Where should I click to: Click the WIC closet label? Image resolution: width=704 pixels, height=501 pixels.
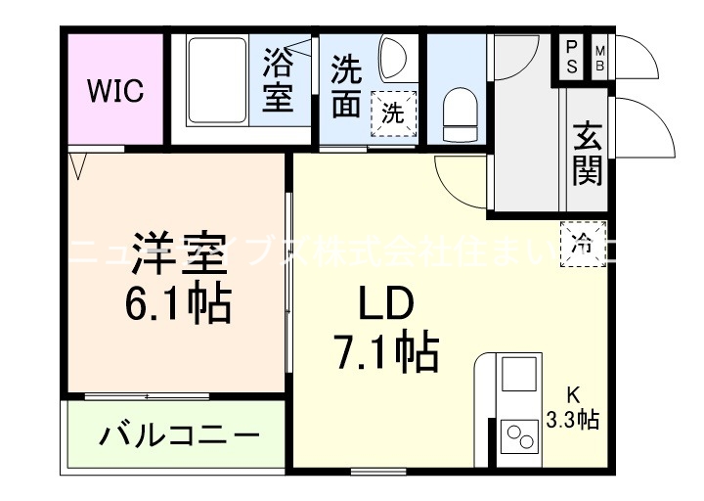[115, 92]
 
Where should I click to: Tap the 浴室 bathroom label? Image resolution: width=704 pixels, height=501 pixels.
[279, 84]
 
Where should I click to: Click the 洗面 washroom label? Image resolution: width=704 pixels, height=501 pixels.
[345, 86]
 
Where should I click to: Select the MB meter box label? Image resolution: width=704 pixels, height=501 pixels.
[600, 57]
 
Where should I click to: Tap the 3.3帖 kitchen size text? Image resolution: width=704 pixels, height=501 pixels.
[574, 421]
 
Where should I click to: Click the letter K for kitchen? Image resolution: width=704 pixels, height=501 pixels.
[574, 396]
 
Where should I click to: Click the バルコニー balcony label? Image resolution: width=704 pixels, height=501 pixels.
[178, 434]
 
